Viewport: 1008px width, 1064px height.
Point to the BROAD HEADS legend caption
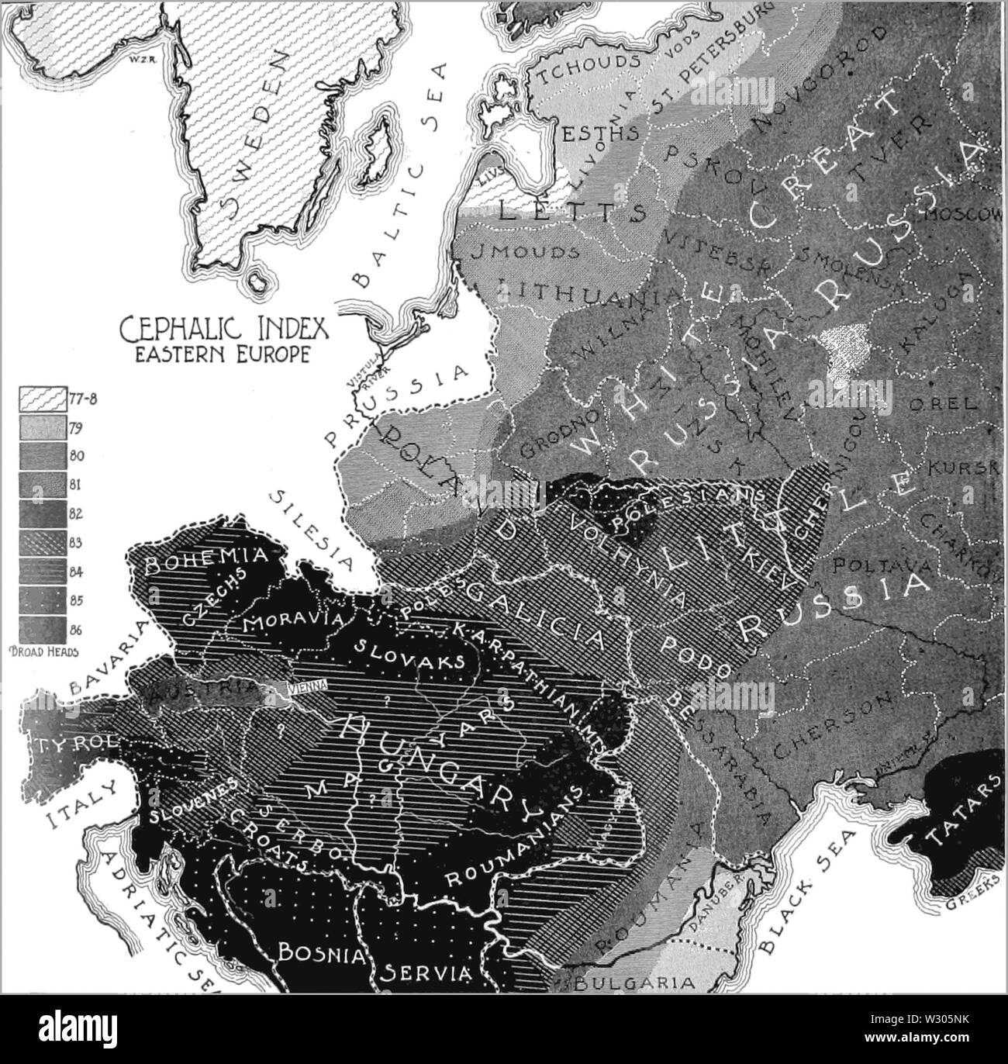[x=48, y=651]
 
